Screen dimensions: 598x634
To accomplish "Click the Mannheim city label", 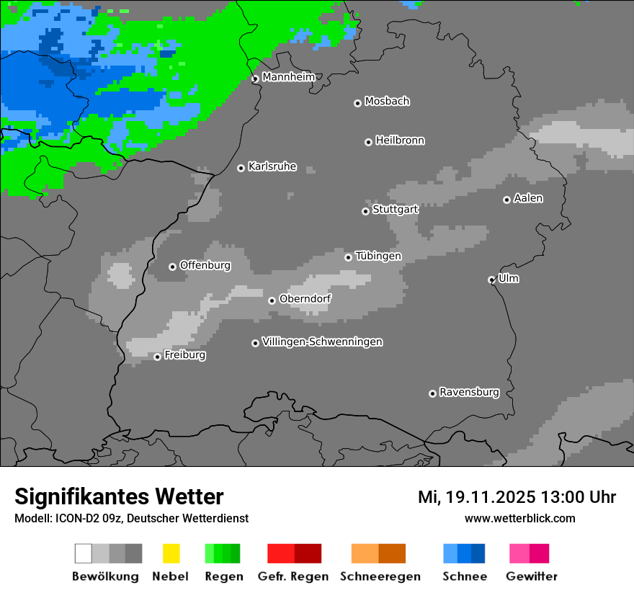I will coord(288,77).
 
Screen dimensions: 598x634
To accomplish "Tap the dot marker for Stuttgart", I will coord(365,211).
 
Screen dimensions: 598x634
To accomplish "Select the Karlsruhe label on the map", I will coord(272,166).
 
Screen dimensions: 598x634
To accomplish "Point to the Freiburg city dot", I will coord(157,357).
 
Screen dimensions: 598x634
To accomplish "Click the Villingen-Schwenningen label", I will coord(322,342).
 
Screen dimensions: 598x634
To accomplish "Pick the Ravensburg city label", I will coord(469,393).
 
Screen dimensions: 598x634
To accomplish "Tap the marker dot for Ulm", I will coord(491,280).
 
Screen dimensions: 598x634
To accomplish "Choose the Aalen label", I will coord(528,198).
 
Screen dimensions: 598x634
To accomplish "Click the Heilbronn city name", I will coord(400,140).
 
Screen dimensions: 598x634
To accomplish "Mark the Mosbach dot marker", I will coord(357,103).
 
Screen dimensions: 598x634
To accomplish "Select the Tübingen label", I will coord(378,256).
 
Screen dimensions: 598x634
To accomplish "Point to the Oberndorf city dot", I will coord(272,300).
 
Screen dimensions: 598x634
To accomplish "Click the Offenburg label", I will coord(205,265).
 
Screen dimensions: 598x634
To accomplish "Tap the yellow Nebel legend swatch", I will coord(171,553).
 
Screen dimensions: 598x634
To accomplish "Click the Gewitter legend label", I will coord(532,576).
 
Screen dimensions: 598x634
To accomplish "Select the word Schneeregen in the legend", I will coord(380,576).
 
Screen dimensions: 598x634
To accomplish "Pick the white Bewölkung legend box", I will coord(84,553).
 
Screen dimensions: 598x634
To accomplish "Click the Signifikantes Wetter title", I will coord(119,496).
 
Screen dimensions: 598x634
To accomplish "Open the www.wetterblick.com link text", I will coord(519,518).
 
